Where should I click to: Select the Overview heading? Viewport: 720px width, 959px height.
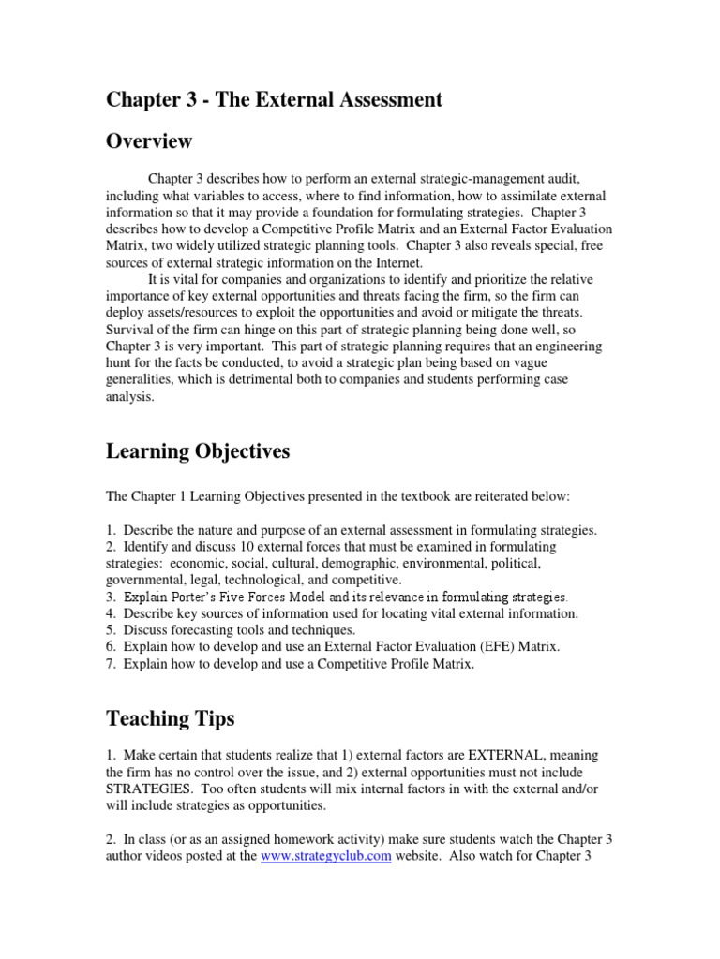point(149,142)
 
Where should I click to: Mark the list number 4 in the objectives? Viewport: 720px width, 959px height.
point(110,613)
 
